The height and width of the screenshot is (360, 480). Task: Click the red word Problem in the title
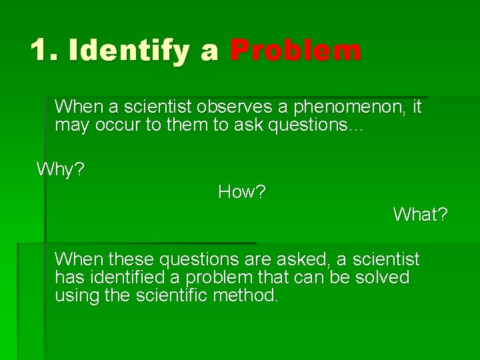295,51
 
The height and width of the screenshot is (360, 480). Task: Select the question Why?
61,169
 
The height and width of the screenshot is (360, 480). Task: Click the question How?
242,192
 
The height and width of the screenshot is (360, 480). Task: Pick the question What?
420,215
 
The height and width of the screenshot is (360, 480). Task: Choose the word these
131,259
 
